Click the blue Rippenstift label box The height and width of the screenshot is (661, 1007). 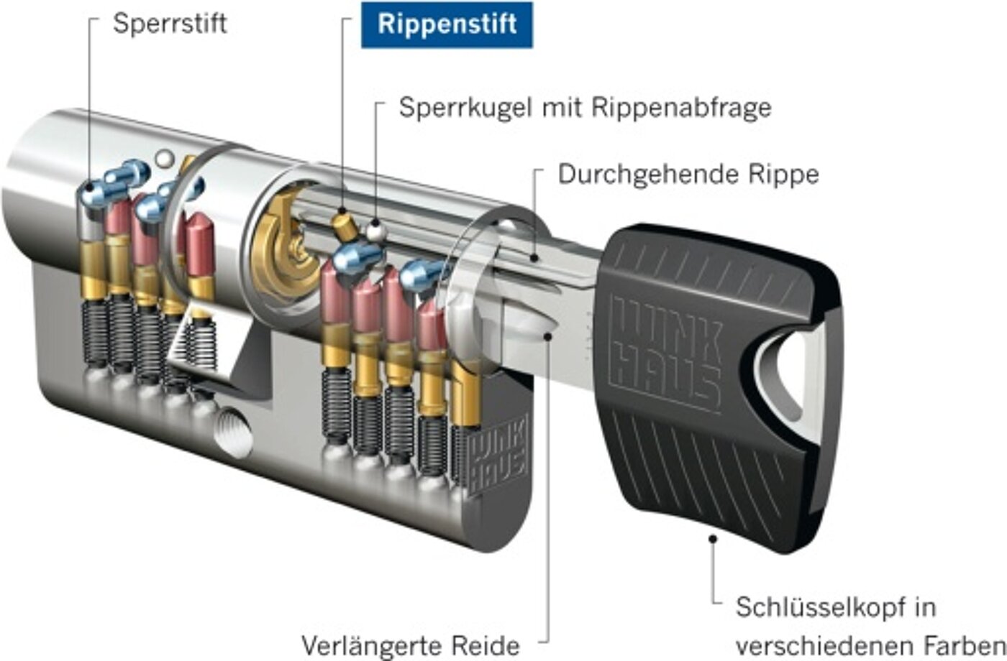pos(447,24)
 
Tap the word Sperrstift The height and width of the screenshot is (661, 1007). pos(170,23)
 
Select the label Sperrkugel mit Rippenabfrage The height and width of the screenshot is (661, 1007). pos(585,108)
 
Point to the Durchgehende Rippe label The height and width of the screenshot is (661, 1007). pos(688,175)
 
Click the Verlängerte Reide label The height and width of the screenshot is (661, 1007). pos(411,644)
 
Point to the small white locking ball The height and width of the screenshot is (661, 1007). pos(374,232)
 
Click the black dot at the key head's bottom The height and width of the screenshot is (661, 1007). pos(713,537)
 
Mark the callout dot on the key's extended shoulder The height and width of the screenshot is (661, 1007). pos(548,335)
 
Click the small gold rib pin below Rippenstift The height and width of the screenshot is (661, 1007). pos(343,225)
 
